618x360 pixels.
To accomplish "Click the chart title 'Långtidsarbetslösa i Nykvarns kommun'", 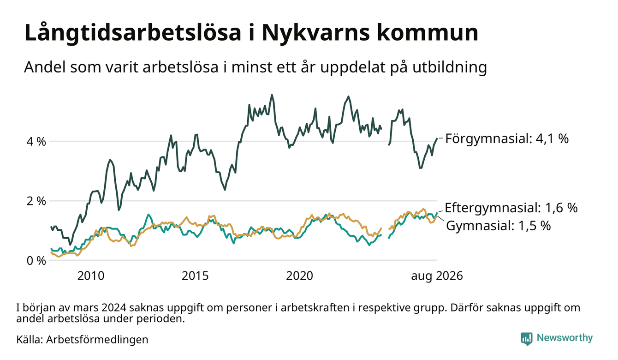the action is tap(251, 33).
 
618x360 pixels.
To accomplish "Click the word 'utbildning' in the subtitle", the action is tap(450, 67).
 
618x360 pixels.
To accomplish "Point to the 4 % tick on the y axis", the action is tap(36, 142).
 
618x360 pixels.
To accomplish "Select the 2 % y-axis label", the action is tap(36, 201).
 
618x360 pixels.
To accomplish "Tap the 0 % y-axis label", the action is tap(36, 261).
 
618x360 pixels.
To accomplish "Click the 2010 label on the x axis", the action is tap(91, 276).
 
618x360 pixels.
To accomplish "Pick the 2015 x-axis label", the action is tap(195, 276).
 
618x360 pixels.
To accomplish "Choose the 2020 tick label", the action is tap(299, 276).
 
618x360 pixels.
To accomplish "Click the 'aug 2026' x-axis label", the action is tap(437, 276).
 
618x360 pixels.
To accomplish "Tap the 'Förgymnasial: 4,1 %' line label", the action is tap(507, 138).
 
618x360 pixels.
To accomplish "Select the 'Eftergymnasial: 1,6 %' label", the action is tap(511, 208).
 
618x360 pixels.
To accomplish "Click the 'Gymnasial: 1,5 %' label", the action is tap(498, 226).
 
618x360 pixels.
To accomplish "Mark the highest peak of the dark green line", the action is tap(272, 95).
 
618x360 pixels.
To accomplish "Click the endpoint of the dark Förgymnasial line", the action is tap(437, 138).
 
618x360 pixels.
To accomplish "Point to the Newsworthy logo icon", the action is tap(526, 339).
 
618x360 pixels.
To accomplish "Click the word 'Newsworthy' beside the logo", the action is tap(565, 338).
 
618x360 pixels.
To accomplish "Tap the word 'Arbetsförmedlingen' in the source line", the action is tap(97, 340).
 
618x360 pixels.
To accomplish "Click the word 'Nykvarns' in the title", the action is tap(315, 33).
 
